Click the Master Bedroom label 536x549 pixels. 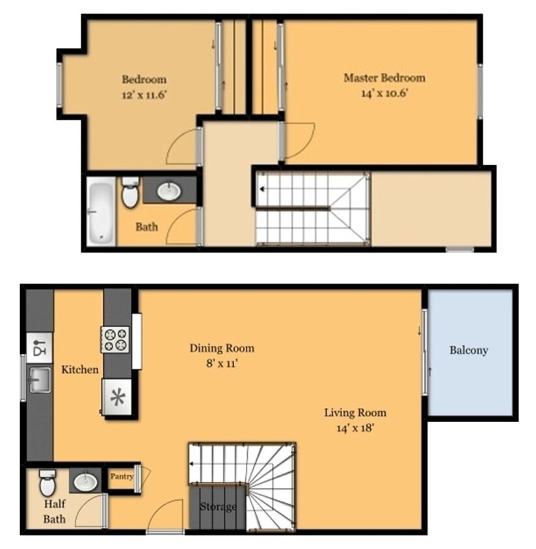point(384,78)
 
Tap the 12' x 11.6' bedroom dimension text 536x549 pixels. point(144,94)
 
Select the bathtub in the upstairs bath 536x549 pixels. point(101,211)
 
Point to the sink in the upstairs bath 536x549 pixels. point(169,191)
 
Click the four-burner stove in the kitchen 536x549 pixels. point(115,340)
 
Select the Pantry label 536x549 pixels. point(122,477)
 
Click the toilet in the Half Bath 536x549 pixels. point(48,483)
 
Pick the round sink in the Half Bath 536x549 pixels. point(85,482)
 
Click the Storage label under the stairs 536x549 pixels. point(217,507)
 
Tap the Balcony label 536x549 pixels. point(468,350)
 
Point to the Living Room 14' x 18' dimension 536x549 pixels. point(355,429)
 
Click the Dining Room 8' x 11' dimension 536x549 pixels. point(222,364)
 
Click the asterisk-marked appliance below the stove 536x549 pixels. point(117,397)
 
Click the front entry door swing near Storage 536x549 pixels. point(164,517)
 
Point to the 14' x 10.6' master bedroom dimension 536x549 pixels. point(384,93)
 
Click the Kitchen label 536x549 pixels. point(80,370)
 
